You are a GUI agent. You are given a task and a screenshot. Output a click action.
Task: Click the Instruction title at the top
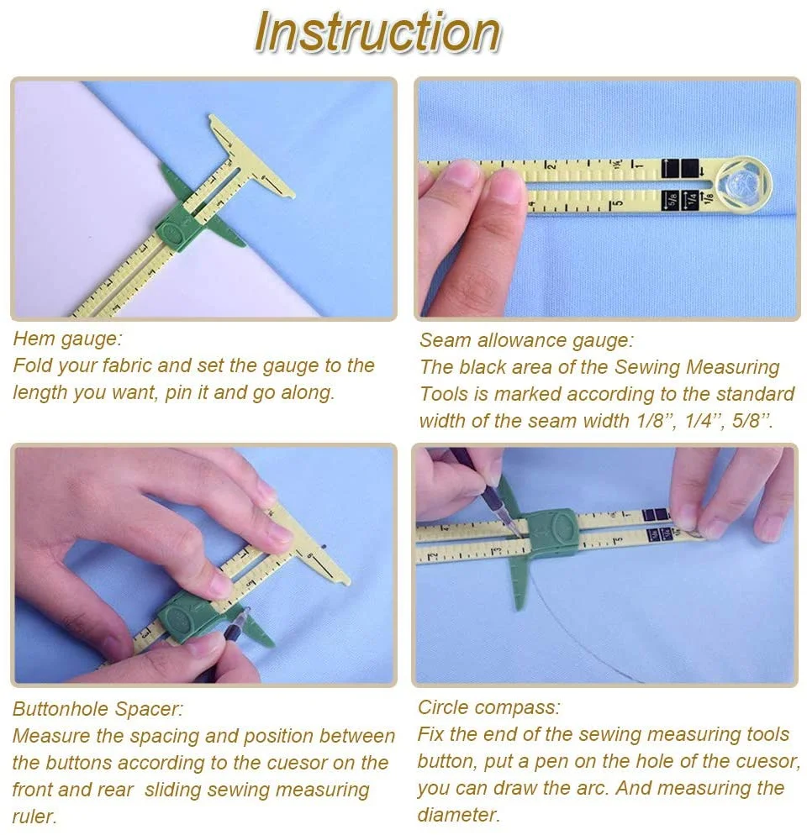click(x=377, y=32)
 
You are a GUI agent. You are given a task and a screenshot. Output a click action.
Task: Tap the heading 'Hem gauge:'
click(x=68, y=339)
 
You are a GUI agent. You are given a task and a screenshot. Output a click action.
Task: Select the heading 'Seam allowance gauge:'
click(x=526, y=340)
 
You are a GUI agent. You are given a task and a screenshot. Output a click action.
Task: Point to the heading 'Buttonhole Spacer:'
click(x=98, y=709)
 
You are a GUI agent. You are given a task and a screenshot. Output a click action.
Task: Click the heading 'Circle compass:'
click(x=488, y=707)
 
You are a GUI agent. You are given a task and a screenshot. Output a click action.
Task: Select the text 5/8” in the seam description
click(x=752, y=421)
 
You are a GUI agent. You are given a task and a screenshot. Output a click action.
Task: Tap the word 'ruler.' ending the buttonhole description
click(x=34, y=817)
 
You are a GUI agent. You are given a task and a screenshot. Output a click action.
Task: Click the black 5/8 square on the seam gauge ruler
click(x=671, y=200)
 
